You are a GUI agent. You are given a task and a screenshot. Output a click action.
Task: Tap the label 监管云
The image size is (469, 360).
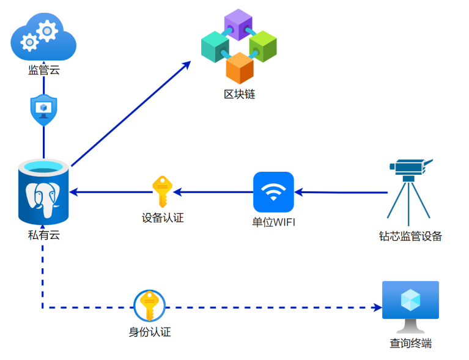(x=43, y=70)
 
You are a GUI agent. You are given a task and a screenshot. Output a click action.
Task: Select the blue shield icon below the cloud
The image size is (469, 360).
(x=43, y=110)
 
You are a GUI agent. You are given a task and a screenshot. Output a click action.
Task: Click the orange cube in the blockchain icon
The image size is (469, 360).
(x=240, y=68)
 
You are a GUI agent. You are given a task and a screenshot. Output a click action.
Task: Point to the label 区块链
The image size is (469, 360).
(x=239, y=94)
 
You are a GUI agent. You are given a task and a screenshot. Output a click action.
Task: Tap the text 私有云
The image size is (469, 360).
(x=43, y=235)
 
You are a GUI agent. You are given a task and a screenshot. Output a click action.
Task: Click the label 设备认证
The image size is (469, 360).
(x=163, y=218)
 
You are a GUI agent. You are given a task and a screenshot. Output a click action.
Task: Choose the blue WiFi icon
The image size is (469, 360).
(x=274, y=191)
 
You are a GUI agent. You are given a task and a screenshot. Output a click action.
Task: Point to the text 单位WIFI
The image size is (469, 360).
(x=274, y=222)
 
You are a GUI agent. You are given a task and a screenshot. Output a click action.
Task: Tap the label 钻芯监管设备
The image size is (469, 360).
(x=410, y=237)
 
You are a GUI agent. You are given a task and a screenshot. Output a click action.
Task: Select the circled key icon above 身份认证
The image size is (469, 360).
(x=149, y=306)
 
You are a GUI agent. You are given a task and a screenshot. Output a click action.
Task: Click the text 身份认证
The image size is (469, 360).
(x=149, y=332)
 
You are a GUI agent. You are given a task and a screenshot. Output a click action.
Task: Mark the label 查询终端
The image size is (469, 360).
(x=410, y=343)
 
